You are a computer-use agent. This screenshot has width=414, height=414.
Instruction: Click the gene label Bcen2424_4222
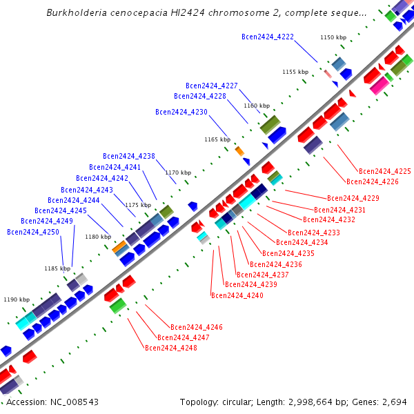268,37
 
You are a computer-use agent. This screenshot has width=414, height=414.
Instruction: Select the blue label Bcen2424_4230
181,112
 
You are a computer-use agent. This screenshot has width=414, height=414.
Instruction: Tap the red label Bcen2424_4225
384,171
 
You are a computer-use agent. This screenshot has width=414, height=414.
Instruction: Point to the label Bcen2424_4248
170,348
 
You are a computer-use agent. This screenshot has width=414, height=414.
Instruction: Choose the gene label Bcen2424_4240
237,295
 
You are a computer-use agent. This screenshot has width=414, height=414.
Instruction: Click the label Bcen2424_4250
32,232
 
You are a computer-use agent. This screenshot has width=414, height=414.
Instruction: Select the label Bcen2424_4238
128,156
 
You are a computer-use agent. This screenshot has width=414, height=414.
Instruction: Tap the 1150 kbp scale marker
333,37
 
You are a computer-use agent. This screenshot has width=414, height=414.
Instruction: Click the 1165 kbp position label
217,139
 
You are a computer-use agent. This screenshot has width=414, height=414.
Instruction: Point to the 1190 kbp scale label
17,299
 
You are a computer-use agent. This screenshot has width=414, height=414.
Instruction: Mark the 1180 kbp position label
97,237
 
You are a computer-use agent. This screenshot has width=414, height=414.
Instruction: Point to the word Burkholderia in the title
74,12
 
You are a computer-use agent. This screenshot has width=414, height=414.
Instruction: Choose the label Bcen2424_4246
196,327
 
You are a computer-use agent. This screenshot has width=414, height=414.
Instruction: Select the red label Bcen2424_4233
313,233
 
